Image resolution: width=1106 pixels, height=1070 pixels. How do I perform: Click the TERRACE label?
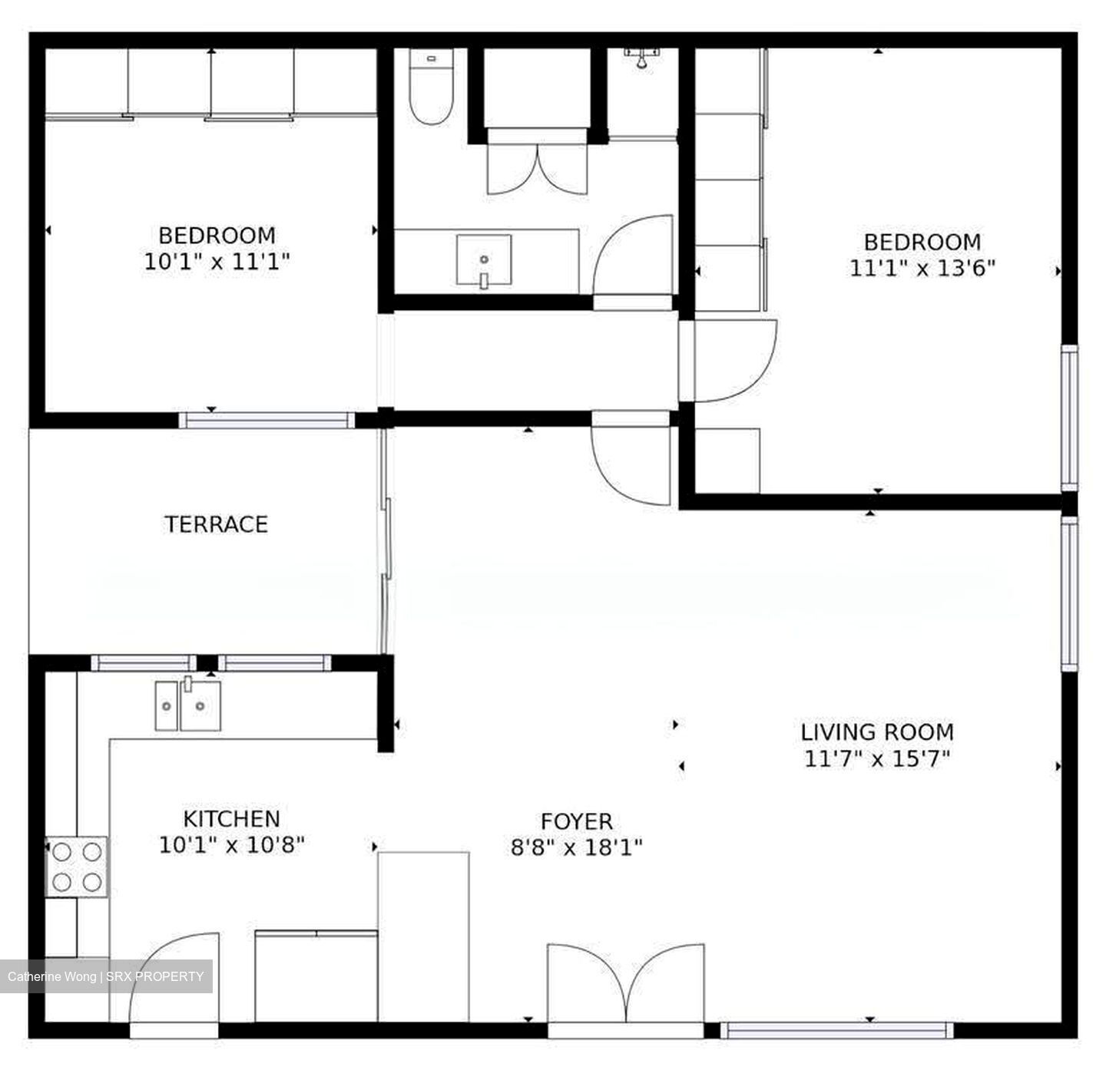click(216, 523)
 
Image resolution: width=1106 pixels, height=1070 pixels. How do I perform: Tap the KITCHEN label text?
click(231, 818)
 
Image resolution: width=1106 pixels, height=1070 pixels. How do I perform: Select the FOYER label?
click(576, 821)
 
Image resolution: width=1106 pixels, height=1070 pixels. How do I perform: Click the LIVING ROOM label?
click(877, 732)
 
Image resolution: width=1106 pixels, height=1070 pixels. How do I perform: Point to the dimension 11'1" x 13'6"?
click(922, 267)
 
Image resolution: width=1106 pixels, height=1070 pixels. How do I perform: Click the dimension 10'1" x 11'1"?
click(217, 262)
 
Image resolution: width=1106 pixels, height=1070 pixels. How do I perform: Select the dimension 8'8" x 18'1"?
click(576, 847)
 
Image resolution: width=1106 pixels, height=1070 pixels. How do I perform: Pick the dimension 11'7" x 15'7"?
click(877, 758)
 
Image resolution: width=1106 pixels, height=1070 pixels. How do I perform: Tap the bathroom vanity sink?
click(484, 261)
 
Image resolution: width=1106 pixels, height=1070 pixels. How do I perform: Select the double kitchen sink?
click(187, 705)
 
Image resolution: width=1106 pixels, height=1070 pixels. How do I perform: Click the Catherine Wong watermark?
click(106, 976)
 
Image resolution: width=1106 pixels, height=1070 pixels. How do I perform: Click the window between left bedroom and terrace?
click(267, 421)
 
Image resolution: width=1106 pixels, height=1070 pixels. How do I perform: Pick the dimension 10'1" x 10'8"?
click(231, 845)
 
